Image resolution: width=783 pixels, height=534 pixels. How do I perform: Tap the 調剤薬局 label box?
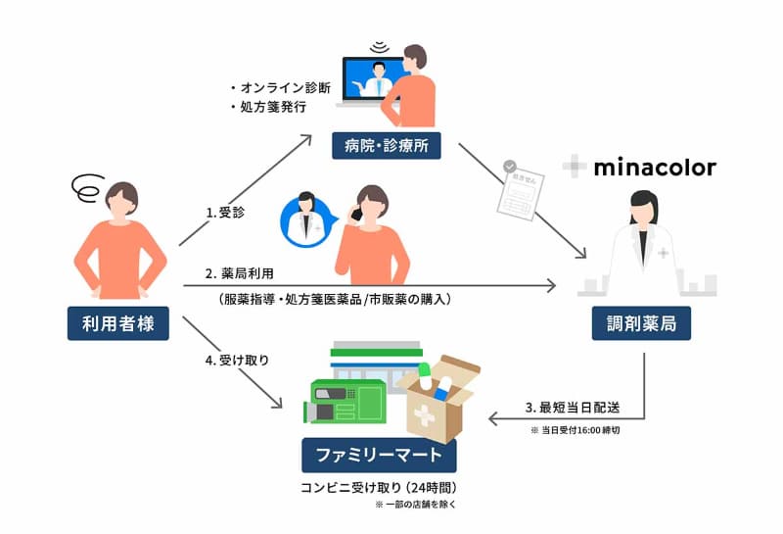[x=642, y=322]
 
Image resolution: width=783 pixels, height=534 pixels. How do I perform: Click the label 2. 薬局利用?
[x=241, y=271]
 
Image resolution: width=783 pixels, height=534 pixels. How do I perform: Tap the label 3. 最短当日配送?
[x=573, y=407]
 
